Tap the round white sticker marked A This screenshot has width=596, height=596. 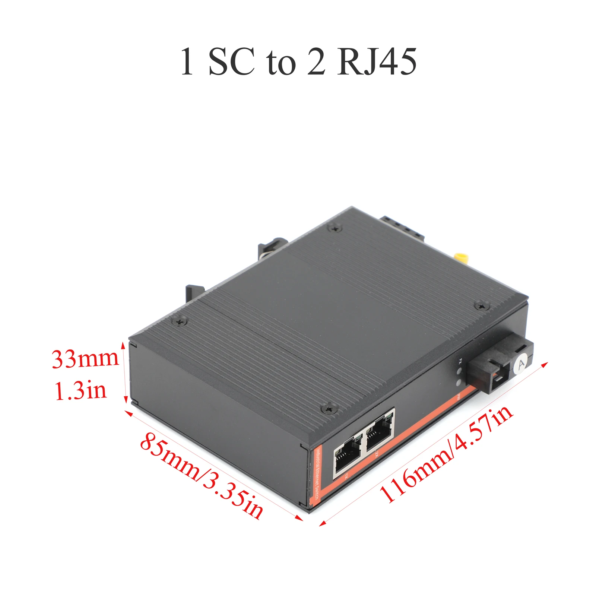521,364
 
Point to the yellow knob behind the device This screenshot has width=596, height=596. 461,257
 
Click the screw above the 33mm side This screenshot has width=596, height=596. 180,320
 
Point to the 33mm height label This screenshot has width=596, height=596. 85,359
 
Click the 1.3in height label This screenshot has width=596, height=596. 80,391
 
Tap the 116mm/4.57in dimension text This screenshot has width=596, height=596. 446,454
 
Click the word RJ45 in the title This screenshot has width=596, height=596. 376,62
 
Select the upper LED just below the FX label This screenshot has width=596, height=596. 459,371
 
